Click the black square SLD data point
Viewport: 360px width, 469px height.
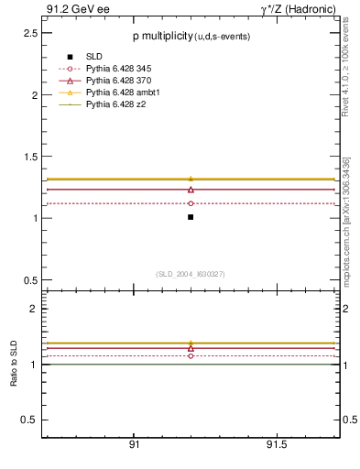click(x=191, y=217)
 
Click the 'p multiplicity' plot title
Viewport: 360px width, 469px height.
click(x=160, y=35)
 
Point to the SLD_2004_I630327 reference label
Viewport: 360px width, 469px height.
click(x=191, y=273)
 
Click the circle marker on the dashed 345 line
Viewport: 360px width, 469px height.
click(x=191, y=203)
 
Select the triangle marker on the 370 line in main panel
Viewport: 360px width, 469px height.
click(x=191, y=189)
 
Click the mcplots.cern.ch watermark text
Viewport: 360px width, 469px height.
click(x=347, y=220)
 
